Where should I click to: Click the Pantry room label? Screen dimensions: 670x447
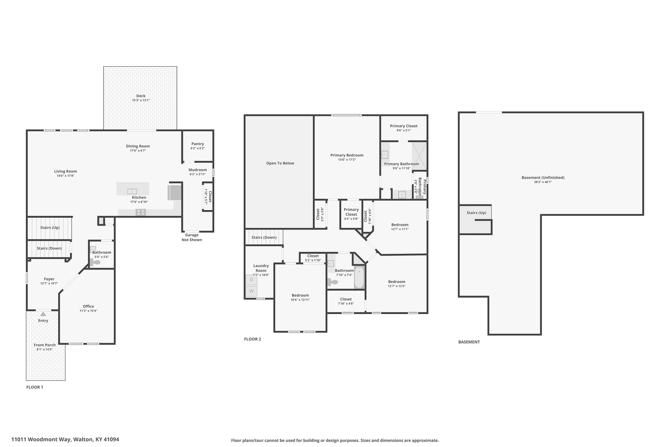[198, 144]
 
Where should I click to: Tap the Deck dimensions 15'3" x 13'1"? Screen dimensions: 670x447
[141, 100]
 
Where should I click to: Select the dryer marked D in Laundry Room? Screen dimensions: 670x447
[252, 280]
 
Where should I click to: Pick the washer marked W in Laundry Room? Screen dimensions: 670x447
[252, 291]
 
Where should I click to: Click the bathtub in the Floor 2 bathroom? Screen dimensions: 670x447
[359, 277]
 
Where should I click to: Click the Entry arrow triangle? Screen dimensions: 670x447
[43, 314]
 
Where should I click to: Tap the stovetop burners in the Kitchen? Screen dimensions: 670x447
[141, 212]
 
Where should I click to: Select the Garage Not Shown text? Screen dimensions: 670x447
[192, 237]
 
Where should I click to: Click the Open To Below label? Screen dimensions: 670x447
[280, 163]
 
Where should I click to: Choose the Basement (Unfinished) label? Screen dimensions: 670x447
[543, 177]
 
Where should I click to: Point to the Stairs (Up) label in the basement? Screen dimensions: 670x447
[476, 213]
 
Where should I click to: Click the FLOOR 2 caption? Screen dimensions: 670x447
[253, 339]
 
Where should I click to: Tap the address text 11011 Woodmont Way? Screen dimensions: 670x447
[42, 439]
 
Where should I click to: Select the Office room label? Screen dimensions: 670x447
[88, 307]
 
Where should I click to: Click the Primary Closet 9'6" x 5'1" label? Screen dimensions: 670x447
[404, 128]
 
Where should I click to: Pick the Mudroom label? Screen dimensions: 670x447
[198, 170]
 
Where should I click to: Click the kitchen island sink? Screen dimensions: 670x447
[132, 191]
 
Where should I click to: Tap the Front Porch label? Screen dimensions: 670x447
[45, 345]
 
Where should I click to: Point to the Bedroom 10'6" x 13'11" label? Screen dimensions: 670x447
[300, 297]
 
